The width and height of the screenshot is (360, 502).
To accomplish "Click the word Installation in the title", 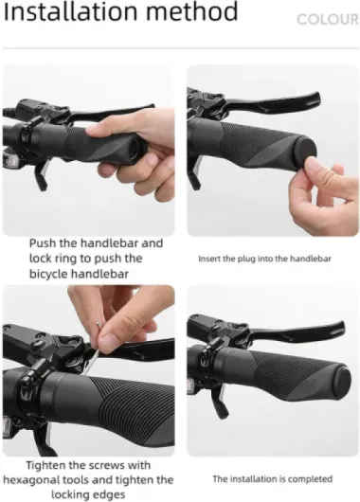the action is click(x=70, y=11).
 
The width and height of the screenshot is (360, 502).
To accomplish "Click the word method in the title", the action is click(x=192, y=11).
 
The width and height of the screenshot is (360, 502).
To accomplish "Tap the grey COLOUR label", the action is click(x=328, y=20).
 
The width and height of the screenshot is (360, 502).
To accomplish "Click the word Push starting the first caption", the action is click(x=44, y=243).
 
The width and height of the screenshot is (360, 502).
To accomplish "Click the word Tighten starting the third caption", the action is click(x=45, y=465).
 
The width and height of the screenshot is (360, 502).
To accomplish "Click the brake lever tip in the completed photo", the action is click(x=340, y=327).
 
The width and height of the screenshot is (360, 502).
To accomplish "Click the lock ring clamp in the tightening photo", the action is click(x=31, y=388).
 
